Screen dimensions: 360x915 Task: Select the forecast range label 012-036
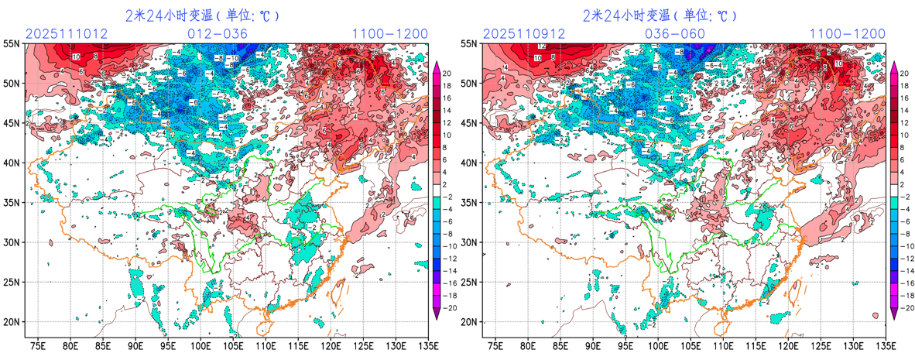[x=218, y=34]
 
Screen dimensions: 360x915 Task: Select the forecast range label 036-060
[x=675, y=34]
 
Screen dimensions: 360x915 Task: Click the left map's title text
[x=203, y=15]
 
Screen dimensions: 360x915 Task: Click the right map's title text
[x=660, y=15]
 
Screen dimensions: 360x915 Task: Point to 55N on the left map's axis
[x=13, y=43]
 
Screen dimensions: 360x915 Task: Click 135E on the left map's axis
[x=427, y=344]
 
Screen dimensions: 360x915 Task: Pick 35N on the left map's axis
[x=13, y=203]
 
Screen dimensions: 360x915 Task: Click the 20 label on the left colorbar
[x=448, y=74]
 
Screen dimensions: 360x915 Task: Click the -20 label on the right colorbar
[x=904, y=307]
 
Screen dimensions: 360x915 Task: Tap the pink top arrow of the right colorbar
[x=894, y=67]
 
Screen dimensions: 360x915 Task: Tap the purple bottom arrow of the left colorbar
[x=437, y=314]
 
